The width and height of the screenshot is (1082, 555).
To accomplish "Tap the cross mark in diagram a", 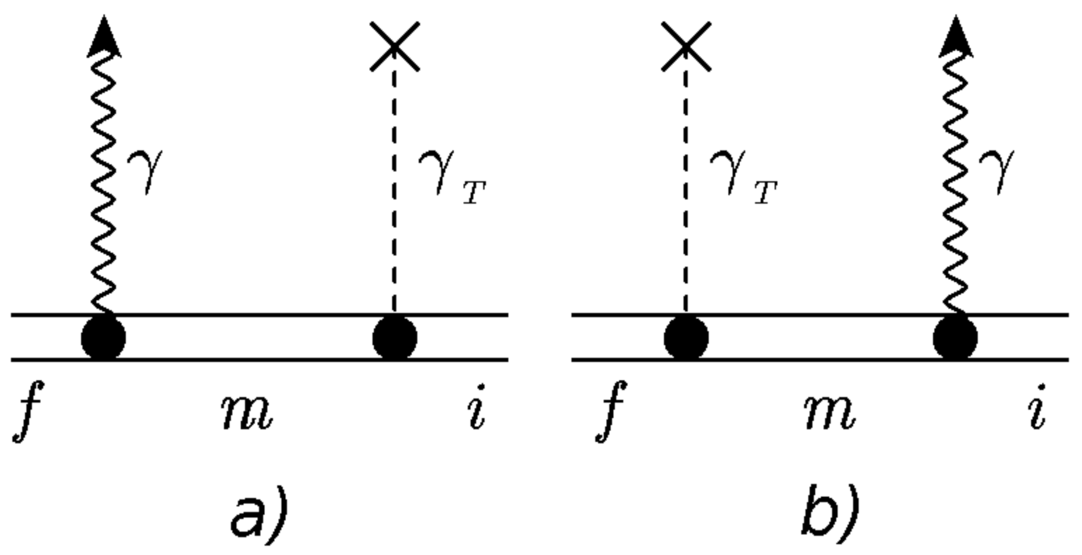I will [x=394, y=47].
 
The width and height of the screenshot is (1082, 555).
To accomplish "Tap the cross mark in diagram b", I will [x=686, y=47].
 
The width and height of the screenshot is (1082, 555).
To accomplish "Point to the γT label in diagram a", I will [x=452, y=176].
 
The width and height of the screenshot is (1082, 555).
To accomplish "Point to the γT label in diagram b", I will [x=743, y=176].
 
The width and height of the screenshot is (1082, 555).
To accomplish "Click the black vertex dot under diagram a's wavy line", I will [x=103, y=338].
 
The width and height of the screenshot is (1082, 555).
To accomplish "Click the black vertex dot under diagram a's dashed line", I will [x=395, y=338].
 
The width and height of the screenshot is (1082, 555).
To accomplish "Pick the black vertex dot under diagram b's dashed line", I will [x=686, y=338].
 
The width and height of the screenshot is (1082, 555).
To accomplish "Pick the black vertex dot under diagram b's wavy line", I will [x=955, y=338].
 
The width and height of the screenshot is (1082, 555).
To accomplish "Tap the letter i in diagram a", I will [x=477, y=407].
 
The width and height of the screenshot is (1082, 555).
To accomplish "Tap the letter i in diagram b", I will [x=1037, y=407].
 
